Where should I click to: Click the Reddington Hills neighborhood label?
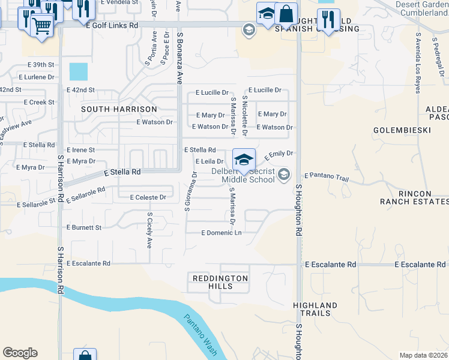[220, 282]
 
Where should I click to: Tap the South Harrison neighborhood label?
[119, 109]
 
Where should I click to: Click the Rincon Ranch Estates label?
[414, 197]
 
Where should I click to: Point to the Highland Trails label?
[312, 309]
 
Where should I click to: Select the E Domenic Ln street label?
[221, 232]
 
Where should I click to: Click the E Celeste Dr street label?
[142, 197]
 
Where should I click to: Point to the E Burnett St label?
[84, 227]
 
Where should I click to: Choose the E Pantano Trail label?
[326, 175]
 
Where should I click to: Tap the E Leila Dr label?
[209, 161]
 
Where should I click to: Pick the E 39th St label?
[41, 64]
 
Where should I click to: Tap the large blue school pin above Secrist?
[244, 160]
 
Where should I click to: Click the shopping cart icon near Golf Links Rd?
[41, 25]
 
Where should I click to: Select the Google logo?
[20, 353]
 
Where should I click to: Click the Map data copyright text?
[423, 355]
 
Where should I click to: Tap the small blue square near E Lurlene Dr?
[78, 72]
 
